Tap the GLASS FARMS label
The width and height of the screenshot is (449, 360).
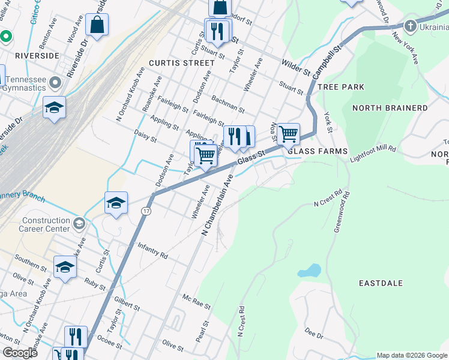click(318, 152)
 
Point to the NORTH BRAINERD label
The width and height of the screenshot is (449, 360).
click(390, 108)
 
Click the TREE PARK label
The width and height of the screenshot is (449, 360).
click(341, 87)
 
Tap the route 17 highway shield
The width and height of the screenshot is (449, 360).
click(146, 211)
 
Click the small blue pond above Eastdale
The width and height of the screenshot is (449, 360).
click(309, 270)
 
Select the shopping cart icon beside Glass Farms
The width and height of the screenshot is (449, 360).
click(289, 133)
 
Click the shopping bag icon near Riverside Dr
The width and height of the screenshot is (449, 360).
click(97, 25)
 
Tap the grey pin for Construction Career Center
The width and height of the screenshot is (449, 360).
click(79, 224)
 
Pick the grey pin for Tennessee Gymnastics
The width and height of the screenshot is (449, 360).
click(56, 82)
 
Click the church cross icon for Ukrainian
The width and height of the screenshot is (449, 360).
click(410, 26)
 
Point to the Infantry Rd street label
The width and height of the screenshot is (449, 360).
click(152, 251)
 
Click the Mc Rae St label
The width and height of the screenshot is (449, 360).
click(197, 302)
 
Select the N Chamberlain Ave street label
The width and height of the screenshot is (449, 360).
click(217, 205)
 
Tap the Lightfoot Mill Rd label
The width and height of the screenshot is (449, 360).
click(373, 152)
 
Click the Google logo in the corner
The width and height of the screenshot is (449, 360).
click(20, 353)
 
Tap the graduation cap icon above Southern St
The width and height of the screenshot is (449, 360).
click(65, 266)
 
